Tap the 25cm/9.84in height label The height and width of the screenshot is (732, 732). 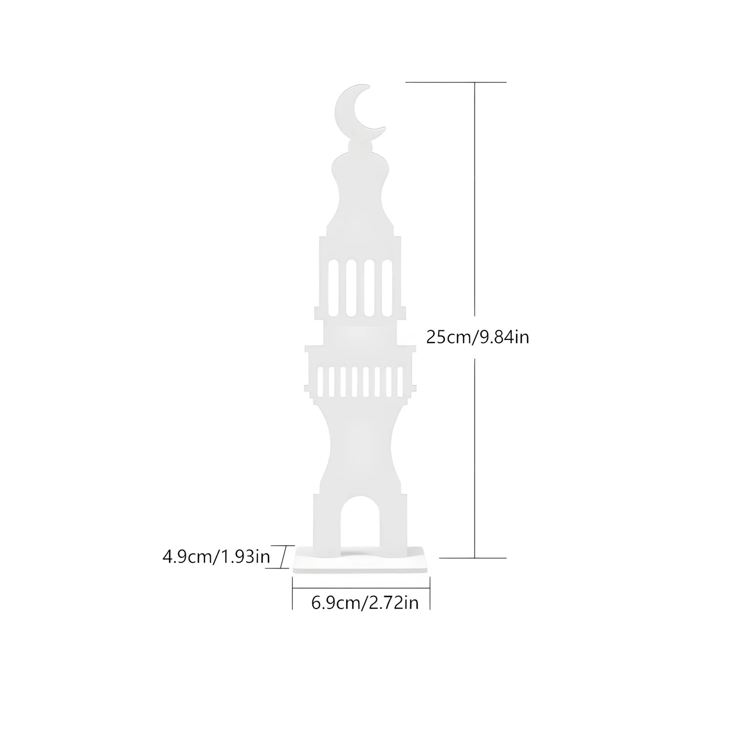tap(477, 337)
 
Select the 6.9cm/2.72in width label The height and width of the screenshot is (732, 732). tap(365, 603)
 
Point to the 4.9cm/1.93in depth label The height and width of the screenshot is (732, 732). tap(216, 556)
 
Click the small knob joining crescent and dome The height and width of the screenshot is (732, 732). tap(360, 145)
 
